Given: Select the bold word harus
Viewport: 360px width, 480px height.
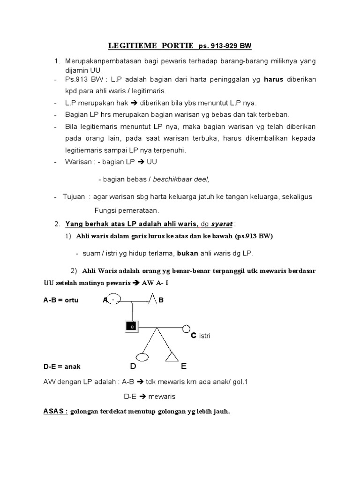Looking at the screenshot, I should tap(274, 80).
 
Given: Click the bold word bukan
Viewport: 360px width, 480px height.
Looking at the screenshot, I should tap(188, 254).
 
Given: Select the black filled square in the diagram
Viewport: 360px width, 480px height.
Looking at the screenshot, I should tap(132, 326).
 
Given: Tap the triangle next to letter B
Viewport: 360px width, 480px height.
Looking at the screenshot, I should tap(152, 300).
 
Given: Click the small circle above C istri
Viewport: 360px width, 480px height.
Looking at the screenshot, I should tap(187, 328).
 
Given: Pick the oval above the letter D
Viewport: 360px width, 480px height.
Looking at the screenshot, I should tap(142, 357).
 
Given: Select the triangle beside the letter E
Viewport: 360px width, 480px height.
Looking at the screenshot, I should tap(171, 357).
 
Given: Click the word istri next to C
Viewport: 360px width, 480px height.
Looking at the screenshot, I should tap(204, 336).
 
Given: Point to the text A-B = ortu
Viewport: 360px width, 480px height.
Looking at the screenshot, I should tap(61, 300).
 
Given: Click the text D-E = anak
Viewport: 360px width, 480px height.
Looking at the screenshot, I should tap(62, 367).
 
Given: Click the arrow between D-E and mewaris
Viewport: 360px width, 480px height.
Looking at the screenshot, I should tap(143, 397).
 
